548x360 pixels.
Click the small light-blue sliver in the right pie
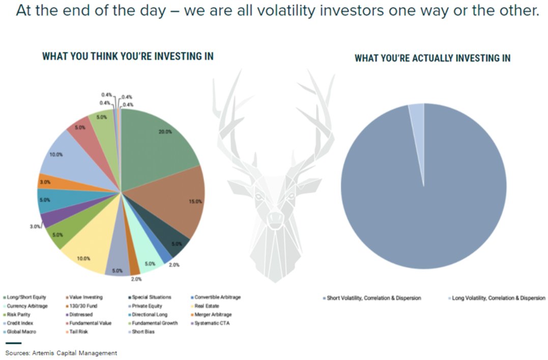point(416,115)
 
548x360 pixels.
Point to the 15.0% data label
point(195,202)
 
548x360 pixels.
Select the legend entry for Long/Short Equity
point(26,297)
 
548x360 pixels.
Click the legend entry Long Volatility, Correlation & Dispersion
point(498,298)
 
